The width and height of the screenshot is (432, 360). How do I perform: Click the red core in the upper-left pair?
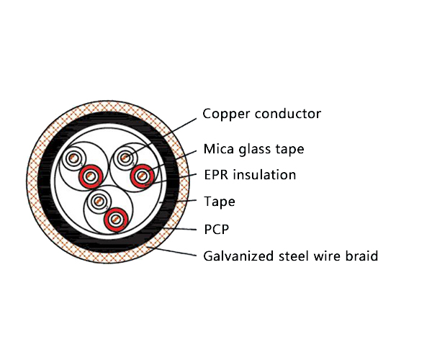[91, 174]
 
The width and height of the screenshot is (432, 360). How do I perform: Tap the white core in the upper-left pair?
[73, 159]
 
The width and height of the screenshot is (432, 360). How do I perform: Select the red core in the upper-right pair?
[141, 174]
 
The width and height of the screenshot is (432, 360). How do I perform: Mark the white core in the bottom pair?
[98, 202]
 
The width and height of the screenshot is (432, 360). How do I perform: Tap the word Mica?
[218, 150]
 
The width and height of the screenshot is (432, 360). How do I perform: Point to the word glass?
[256, 150]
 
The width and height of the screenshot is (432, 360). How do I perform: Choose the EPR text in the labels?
[217, 175]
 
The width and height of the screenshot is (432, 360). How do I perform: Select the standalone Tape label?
[219, 202]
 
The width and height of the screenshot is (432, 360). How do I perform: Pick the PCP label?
[216, 230]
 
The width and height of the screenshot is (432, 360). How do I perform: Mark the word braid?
[362, 256]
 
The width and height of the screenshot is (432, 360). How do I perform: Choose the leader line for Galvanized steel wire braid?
[173, 252]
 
